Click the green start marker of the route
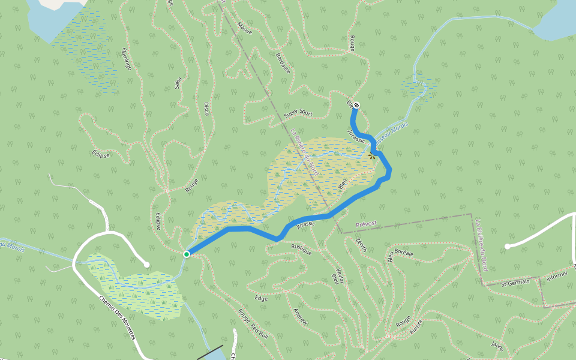tap(187, 254)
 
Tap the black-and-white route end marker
tap(357, 105)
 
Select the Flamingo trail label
tap(126, 58)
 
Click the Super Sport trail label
tap(298, 113)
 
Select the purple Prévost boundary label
tap(366, 223)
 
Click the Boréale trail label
tap(405, 253)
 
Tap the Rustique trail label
tap(301, 249)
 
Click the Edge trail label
tap(261, 298)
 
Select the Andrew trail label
tap(300, 316)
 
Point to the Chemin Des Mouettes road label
tap(117, 316)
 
